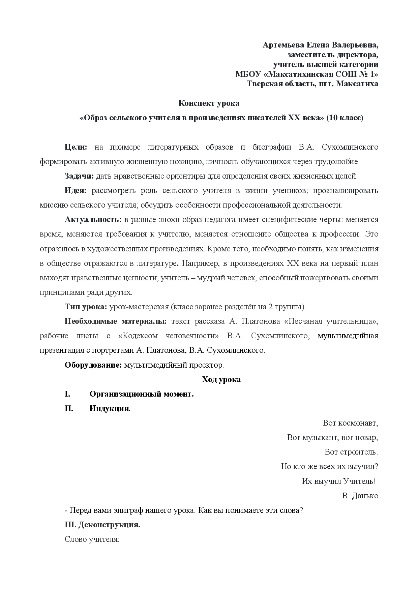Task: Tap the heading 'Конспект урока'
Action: click(209, 103)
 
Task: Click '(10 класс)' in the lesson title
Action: click(345, 118)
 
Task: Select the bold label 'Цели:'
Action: click(76, 147)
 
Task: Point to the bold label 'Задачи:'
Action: click(79, 176)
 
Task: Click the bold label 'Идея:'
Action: click(76, 191)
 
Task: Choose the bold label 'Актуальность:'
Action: click(93, 220)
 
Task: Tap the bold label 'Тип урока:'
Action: click(86, 307)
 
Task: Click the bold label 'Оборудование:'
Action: click(93, 365)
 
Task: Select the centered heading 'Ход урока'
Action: click(221, 380)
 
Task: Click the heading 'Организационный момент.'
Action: click(142, 394)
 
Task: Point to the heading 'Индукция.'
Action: click(110, 409)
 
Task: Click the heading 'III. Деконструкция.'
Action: click(102, 525)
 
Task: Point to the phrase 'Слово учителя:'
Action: click(92, 539)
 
